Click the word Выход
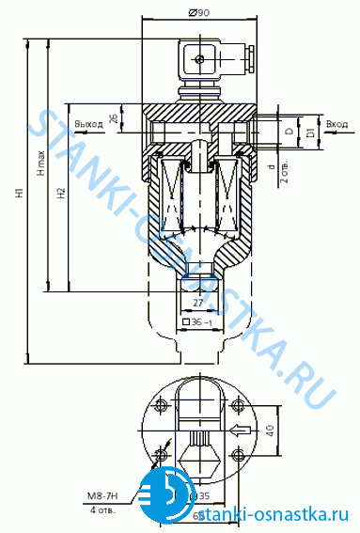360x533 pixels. [x=88, y=124]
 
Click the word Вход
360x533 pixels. [x=337, y=124]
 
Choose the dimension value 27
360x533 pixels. [x=197, y=304]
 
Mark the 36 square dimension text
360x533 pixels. [x=198, y=322]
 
